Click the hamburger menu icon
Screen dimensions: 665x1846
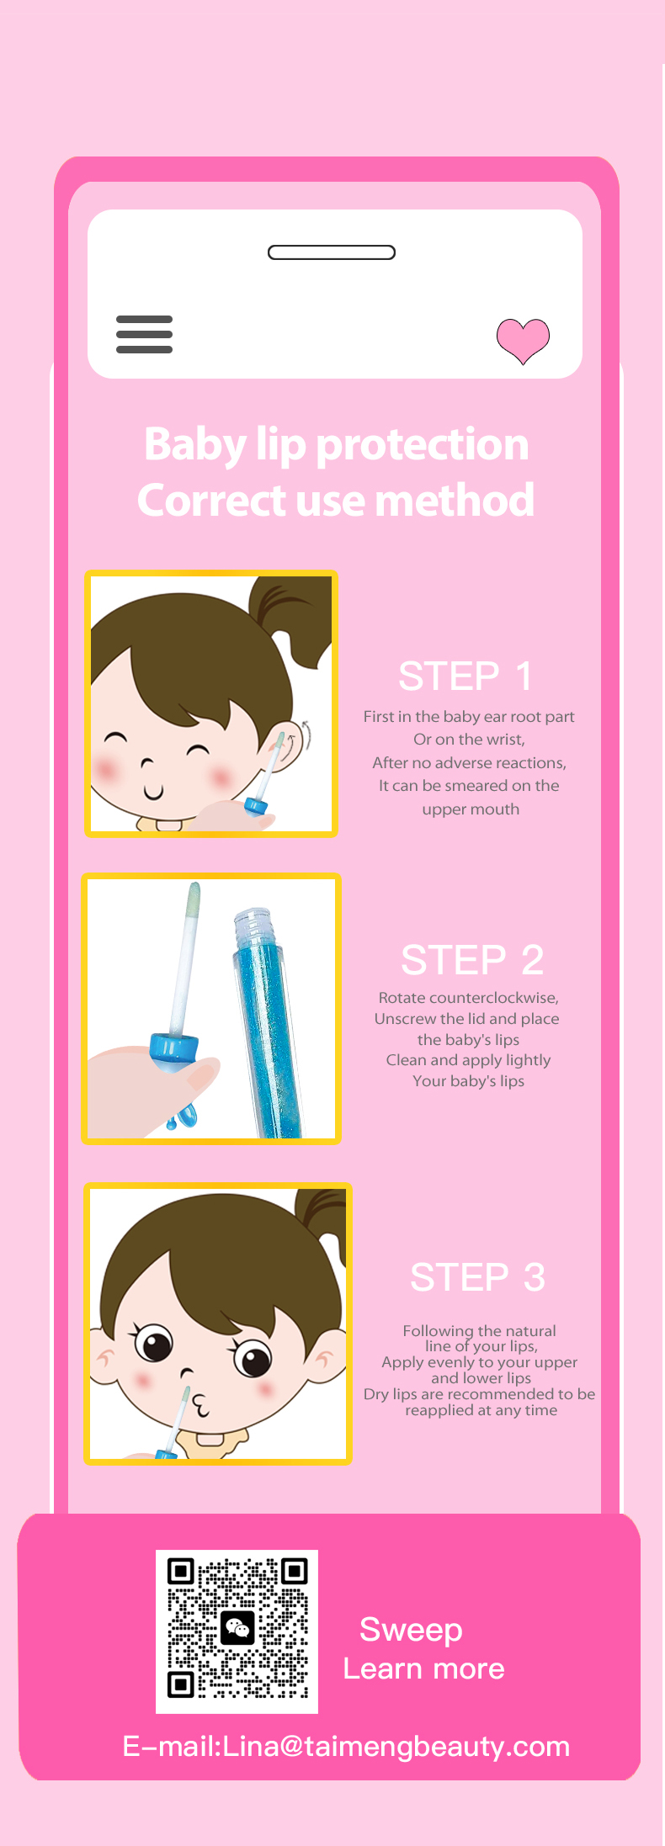pos(144,334)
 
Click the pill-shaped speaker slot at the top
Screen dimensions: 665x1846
pos(332,252)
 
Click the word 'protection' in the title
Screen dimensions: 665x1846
pos(422,444)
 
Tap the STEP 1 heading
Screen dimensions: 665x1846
pos(465,676)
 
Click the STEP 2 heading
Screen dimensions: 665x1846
pos(472,960)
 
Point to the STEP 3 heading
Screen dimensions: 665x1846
pos(478,1277)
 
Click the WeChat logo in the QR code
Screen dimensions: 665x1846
pos(237,1628)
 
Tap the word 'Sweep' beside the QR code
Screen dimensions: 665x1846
pos(411,1630)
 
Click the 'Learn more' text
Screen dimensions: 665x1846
pos(423,1668)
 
